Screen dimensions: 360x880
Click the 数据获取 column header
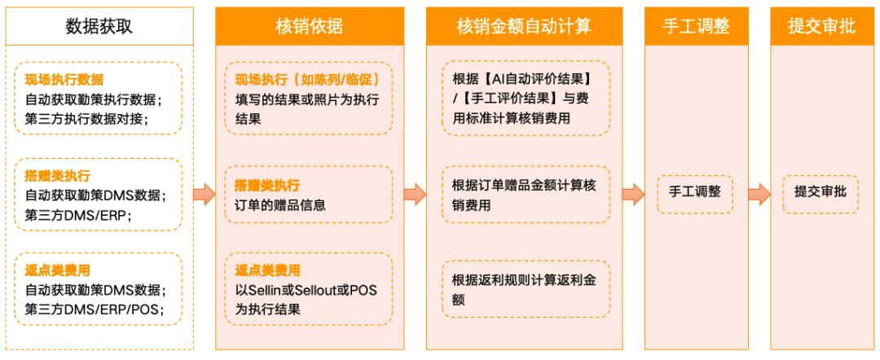(99, 26)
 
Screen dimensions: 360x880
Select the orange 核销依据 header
(310, 26)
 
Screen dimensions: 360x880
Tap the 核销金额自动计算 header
(523, 26)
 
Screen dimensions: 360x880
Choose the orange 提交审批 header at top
(821, 26)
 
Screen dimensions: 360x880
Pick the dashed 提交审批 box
(821, 193)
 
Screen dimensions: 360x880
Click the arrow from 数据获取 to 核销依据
(204, 194)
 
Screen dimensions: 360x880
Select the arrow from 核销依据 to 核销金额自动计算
(415, 194)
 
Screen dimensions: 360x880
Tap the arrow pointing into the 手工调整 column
(633, 194)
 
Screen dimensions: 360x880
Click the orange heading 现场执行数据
(64, 80)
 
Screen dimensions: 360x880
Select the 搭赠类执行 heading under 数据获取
(58, 176)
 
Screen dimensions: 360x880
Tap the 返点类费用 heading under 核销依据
(268, 270)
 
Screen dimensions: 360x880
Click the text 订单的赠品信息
(275, 204)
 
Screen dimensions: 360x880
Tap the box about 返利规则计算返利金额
(526, 289)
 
